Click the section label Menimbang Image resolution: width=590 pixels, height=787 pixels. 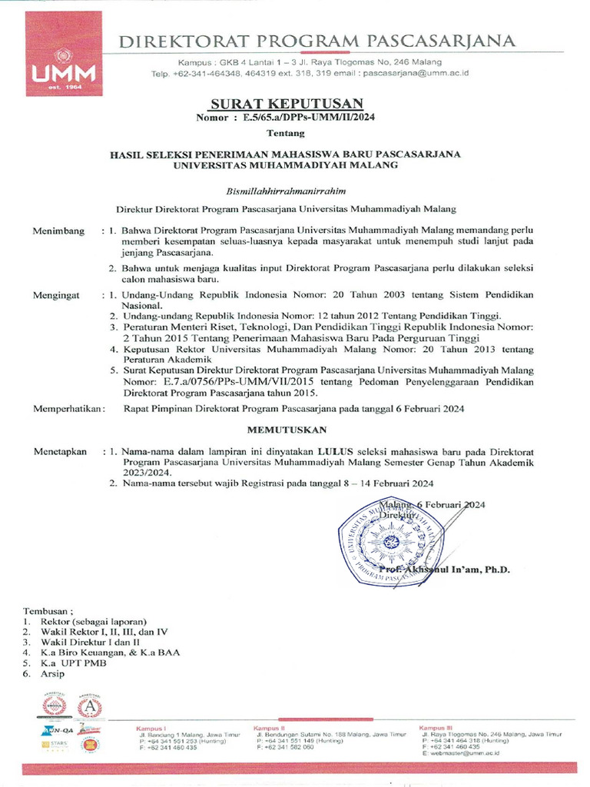[58, 231]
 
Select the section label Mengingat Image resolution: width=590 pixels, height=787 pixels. [58, 294]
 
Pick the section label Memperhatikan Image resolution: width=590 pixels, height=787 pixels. [68, 409]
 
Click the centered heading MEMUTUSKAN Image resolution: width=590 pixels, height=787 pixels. [287, 429]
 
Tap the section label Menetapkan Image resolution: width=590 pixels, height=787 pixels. [60, 452]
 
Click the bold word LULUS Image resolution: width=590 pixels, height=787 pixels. [333, 452]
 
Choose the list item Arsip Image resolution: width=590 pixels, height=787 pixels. [53, 674]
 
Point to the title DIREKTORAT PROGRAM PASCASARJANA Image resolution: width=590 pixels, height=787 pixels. [316, 41]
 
